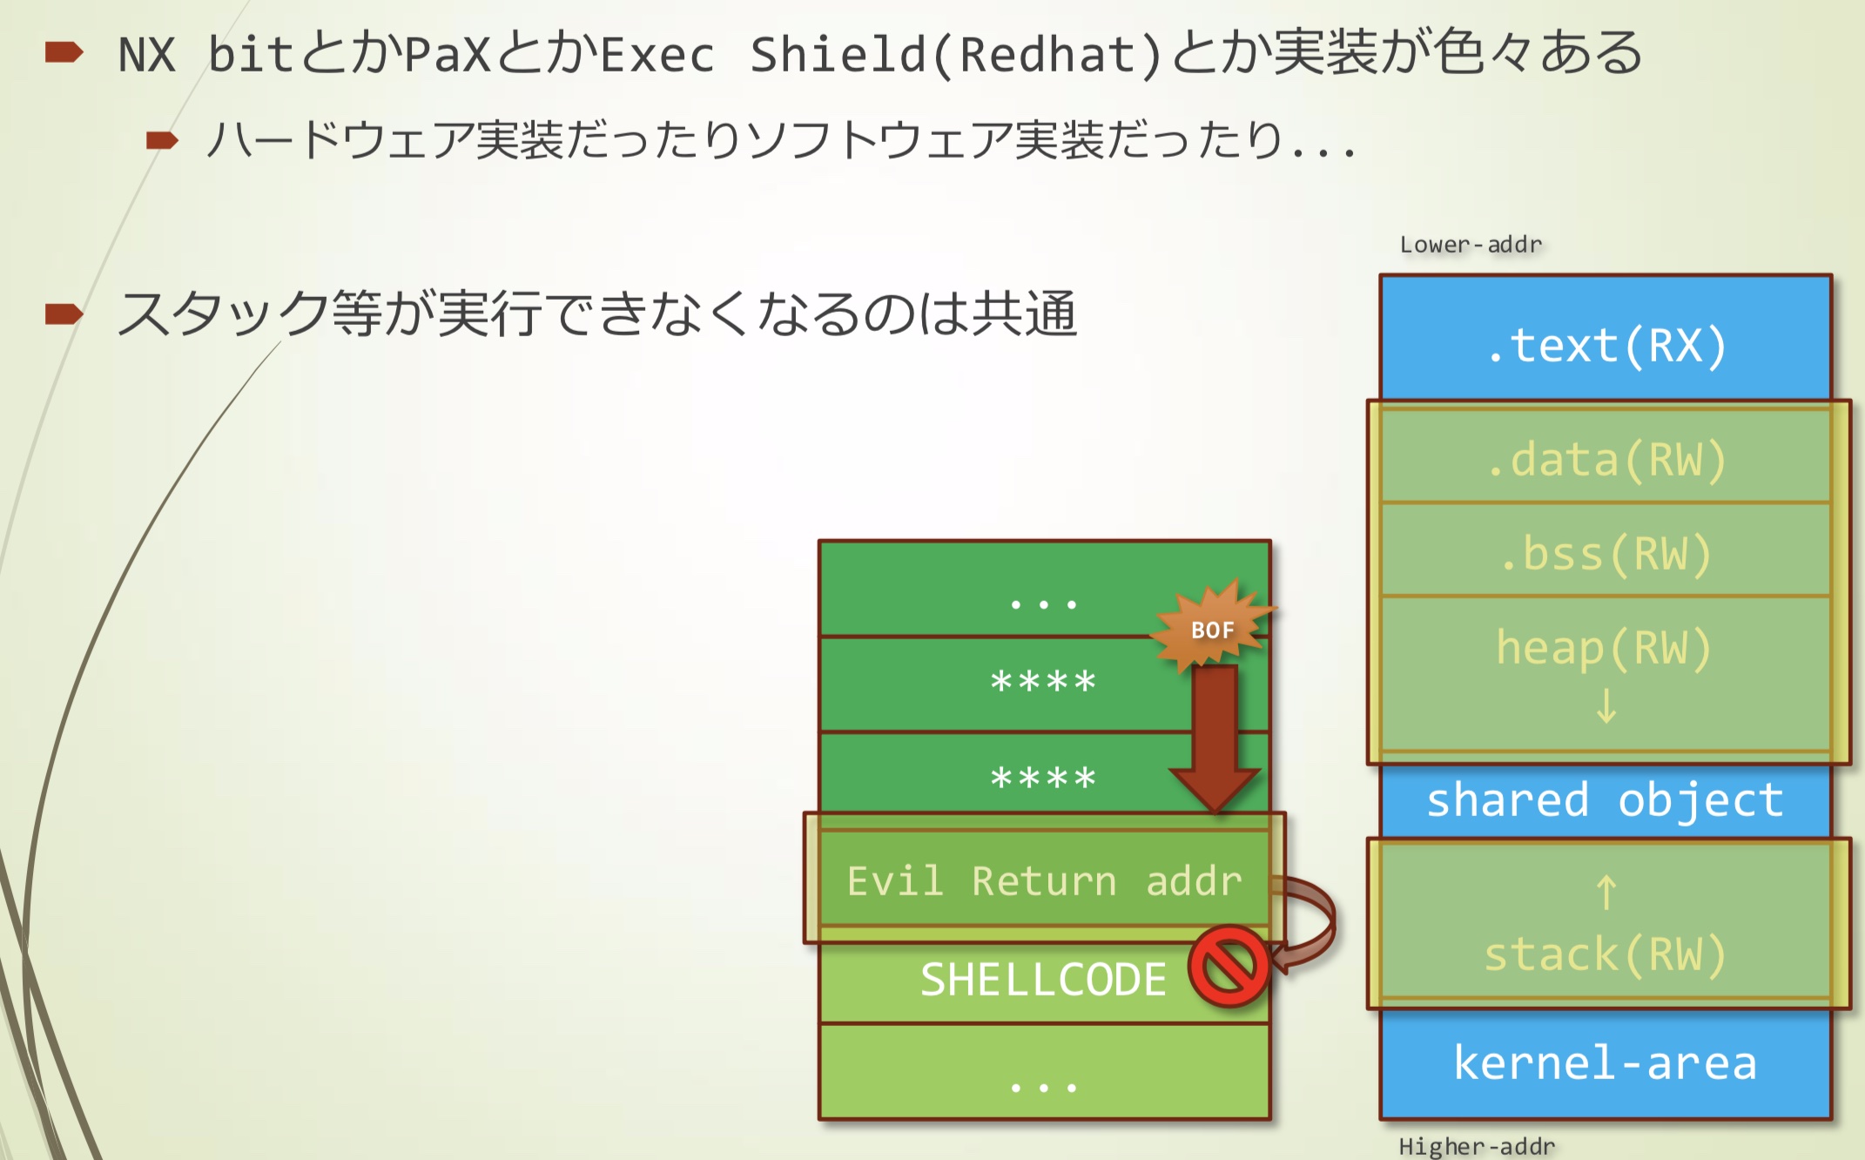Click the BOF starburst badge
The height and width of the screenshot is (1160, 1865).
(x=1212, y=628)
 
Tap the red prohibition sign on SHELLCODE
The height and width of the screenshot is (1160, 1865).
(x=1229, y=966)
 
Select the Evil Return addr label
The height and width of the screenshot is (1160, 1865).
(x=1044, y=880)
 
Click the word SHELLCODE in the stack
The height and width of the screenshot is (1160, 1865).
(x=1043, y=980)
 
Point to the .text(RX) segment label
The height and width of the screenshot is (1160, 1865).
(x=1606, y=345)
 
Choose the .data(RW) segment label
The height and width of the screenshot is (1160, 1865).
(x=1606, y=459)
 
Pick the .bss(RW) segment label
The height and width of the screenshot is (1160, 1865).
(x=1606, y=554)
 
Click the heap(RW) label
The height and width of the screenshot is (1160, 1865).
(x=1604, y=648)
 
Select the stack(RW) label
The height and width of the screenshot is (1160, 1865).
(x=1606, y=954)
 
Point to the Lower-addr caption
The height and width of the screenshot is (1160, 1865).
(x=1471, y=245)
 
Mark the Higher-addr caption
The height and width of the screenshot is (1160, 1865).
(x=1477, y=1146)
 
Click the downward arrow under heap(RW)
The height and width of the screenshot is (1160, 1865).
(x=1606, y=705)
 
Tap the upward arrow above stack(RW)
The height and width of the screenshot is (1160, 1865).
(x=1606, y=893)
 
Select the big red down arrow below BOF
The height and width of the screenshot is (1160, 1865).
(x=1215, y=740)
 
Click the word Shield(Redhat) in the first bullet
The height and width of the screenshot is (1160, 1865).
(x=956, y=54)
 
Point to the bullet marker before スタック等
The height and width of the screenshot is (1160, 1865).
(x=64, y=313)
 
